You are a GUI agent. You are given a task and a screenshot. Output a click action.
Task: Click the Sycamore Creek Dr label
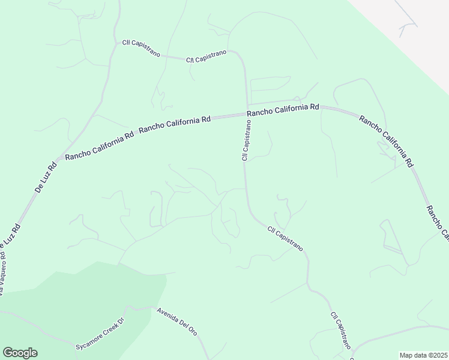(99, 334)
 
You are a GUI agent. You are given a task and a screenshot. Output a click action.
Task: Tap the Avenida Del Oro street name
(176, 321)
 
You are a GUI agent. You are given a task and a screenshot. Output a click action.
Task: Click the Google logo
(20, 353)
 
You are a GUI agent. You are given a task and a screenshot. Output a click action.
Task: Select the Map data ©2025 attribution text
(423, 355)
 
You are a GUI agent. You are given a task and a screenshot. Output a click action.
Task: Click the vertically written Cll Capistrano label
(246, 140)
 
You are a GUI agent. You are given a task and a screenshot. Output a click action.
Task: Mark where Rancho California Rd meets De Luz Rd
(56, 161)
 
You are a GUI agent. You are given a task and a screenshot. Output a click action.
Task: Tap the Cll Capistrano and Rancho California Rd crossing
(246, 114)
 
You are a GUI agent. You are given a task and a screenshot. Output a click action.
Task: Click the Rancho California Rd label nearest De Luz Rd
(100, 146)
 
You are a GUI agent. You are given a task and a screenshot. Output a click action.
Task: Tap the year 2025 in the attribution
(437, 355)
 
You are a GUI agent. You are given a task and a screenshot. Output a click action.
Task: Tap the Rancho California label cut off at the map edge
(437, 221)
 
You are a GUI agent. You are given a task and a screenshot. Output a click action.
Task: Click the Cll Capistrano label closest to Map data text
(340, 331)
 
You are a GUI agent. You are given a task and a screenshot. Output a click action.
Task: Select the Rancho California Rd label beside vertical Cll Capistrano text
(283, 110)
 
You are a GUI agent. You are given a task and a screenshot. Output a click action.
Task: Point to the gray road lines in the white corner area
(408, 27)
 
